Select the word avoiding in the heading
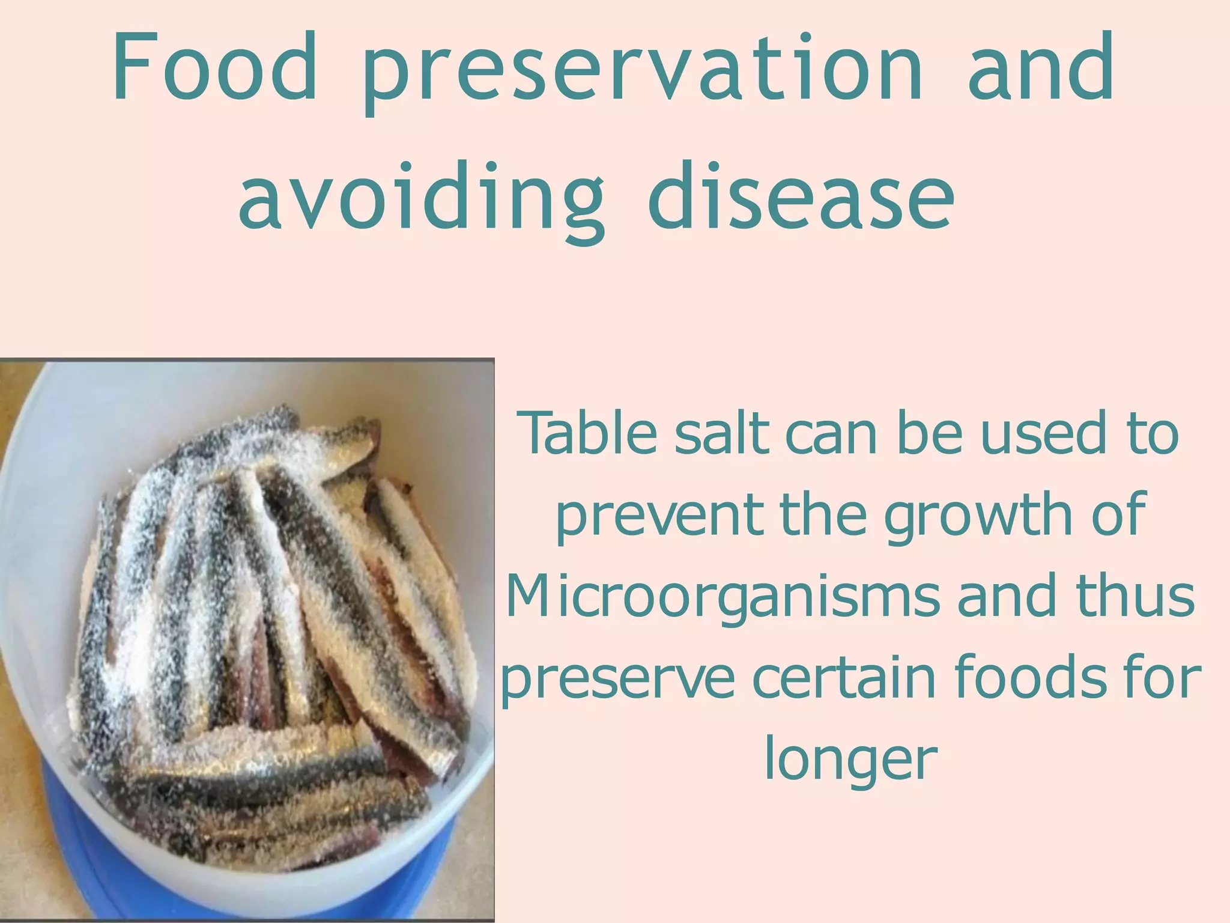[420, 198]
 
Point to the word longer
[850, 761]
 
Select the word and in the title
[1041, 67]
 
